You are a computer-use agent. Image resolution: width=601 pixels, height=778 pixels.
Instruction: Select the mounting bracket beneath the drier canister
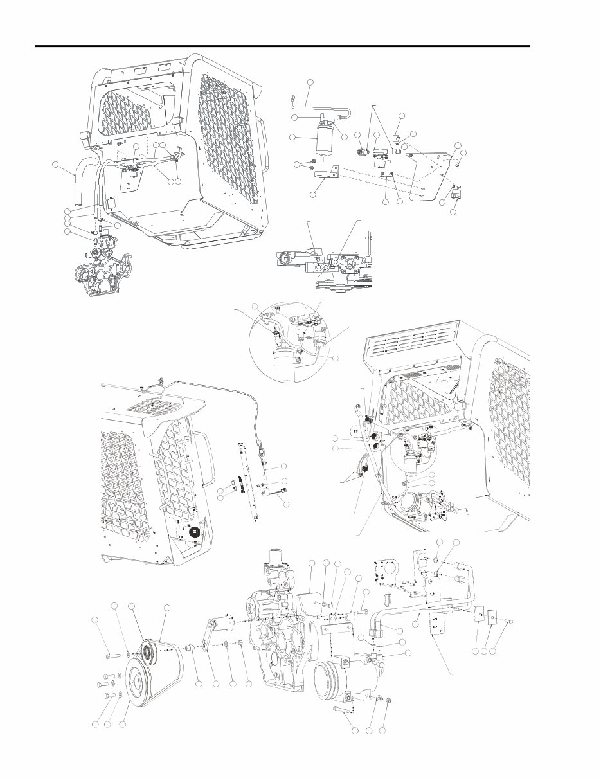[327, 174]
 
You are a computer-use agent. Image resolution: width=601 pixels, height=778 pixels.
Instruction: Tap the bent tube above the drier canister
[321, 104]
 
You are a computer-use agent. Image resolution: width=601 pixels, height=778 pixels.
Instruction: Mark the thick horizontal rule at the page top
[283, 46]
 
